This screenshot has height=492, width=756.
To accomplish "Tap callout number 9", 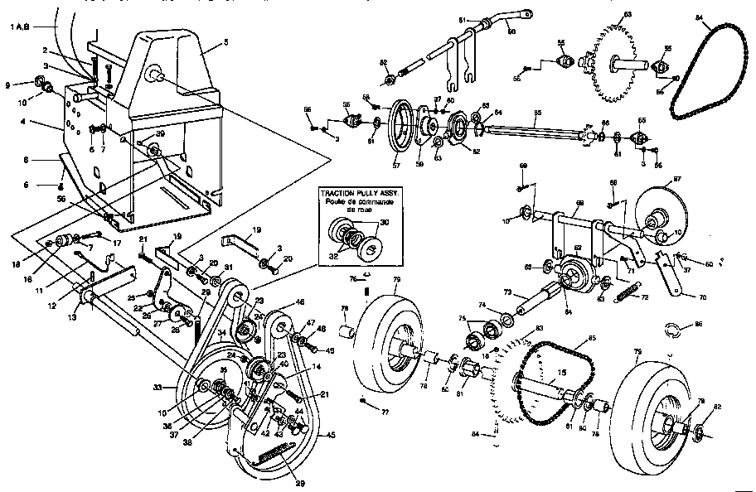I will pos(7,84).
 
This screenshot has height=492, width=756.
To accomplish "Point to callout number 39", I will pos(159,133).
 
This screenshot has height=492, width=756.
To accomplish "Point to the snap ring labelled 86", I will pos(671,334).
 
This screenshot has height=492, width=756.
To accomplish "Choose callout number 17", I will pos(117,243).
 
